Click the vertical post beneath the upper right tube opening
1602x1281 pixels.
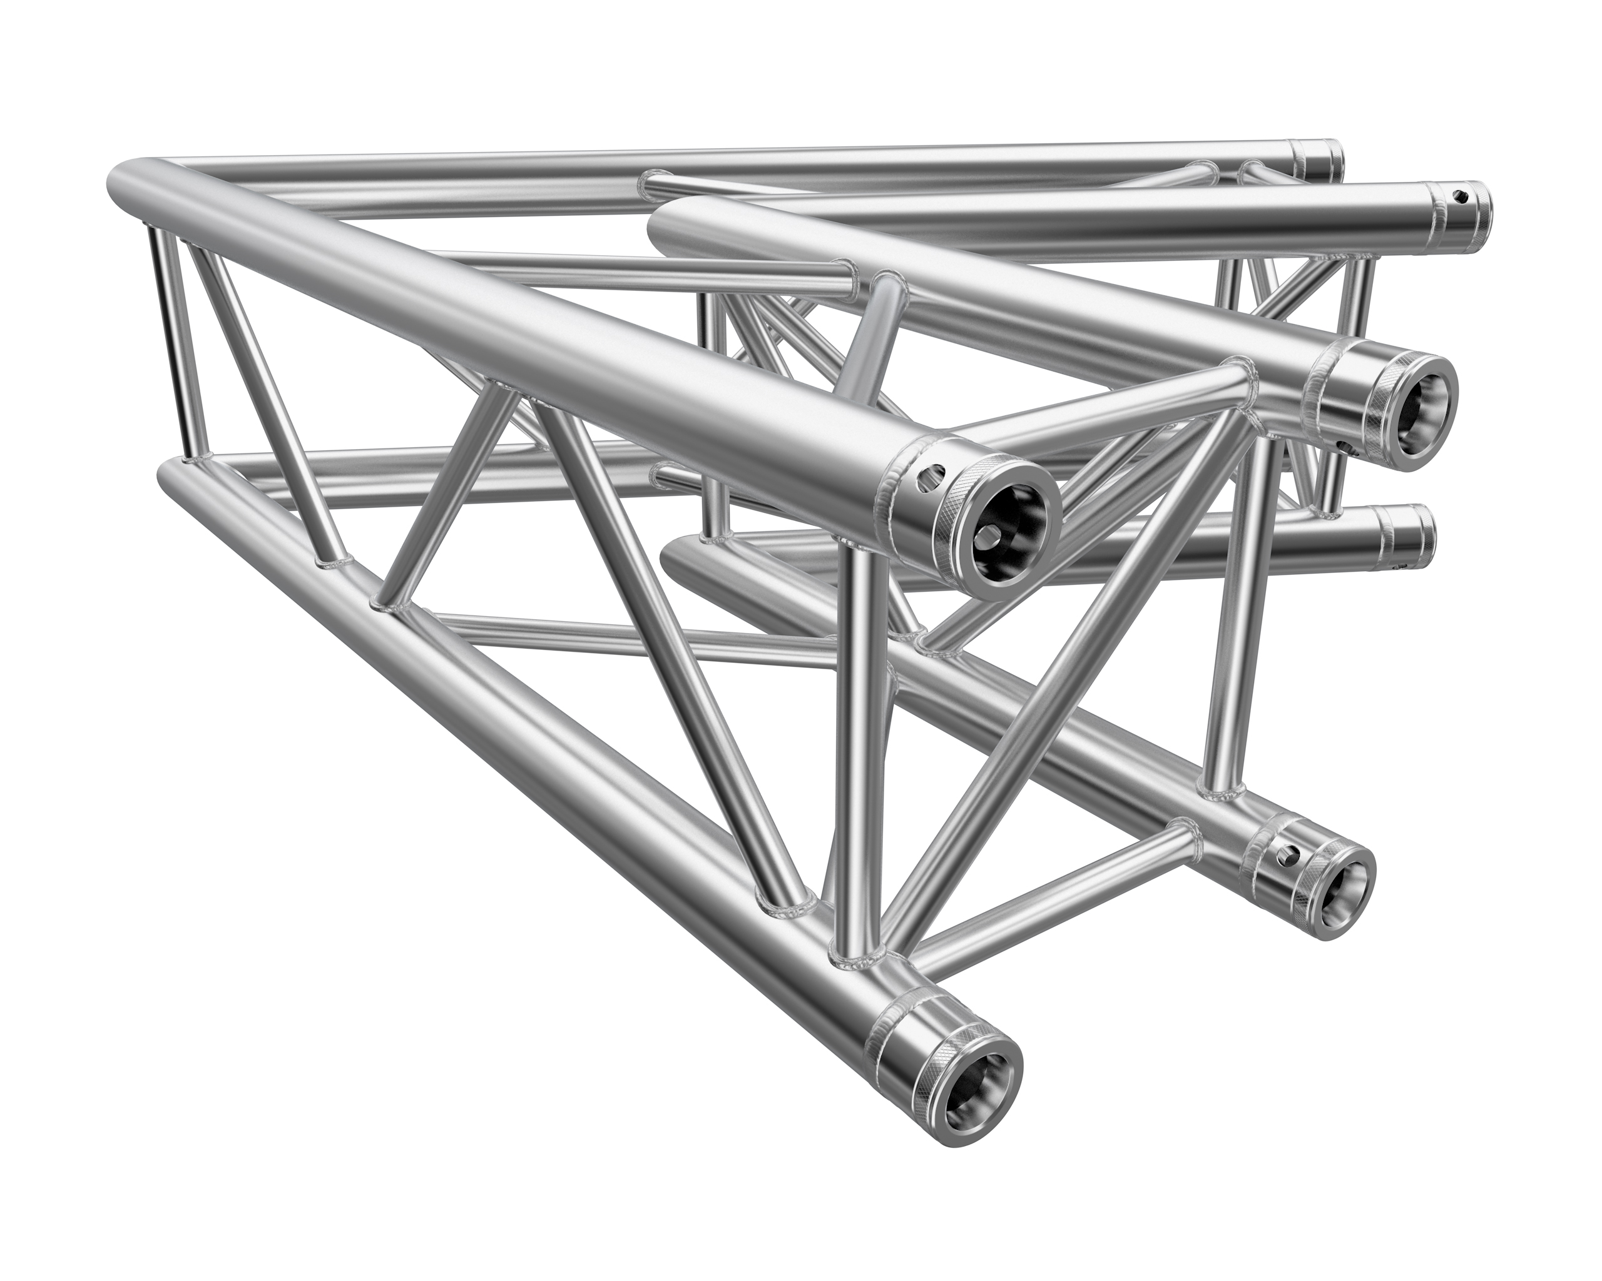[1237, 639]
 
